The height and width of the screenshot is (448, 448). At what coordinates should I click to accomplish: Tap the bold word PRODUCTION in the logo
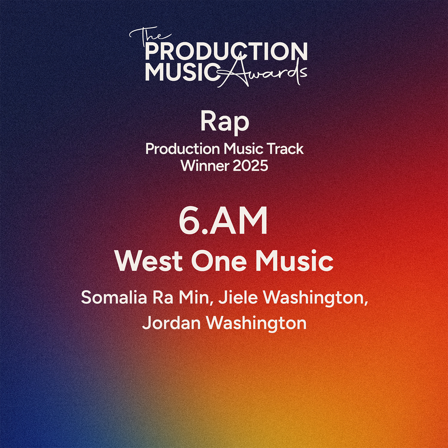226,51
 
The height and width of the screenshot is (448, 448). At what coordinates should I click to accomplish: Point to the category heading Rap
225,122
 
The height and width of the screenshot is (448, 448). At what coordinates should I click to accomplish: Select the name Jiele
238,297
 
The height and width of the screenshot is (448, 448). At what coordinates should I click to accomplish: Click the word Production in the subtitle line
182,149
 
